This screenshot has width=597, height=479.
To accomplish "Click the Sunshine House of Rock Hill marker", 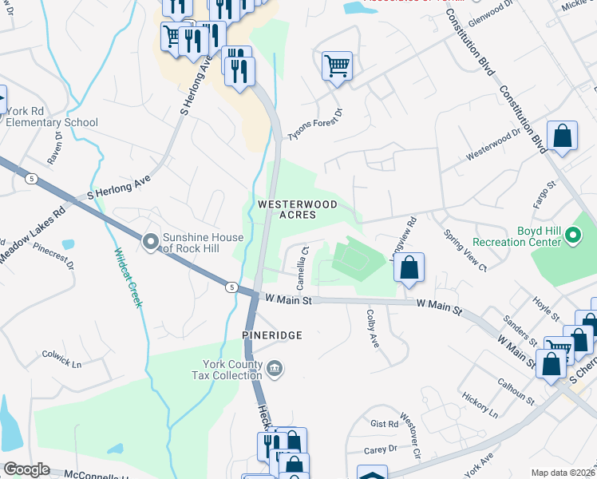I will click(150, 241).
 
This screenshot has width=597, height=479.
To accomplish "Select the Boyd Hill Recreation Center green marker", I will click(573, 236).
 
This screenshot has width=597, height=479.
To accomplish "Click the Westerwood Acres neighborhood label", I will click(298, 210).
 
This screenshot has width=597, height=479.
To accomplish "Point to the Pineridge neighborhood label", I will click(272, 335).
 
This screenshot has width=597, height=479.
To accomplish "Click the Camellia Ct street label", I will click(303, 268).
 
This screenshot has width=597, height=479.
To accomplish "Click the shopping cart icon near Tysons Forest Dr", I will click(337, 66).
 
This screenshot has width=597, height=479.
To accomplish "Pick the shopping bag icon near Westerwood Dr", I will click(562, 137).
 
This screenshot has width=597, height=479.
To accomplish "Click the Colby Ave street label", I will click(371, 329).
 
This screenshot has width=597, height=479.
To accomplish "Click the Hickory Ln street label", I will click(481, 405).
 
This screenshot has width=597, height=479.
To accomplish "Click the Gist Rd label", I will click(384, 424).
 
